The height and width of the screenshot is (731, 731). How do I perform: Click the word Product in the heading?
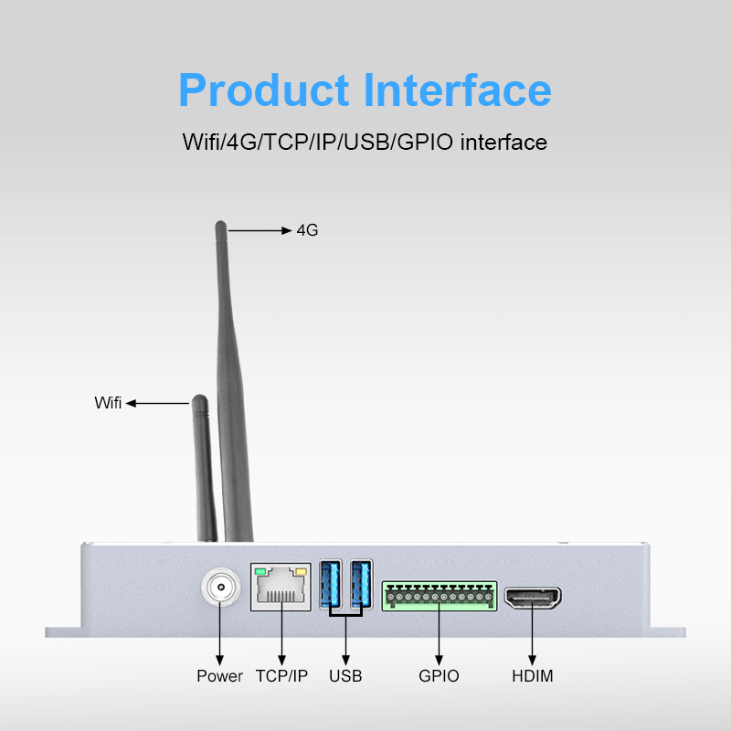pyautogui.click(x=264, y=90)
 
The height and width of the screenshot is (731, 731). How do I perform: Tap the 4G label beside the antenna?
pyautogui.click(x=307, y=230)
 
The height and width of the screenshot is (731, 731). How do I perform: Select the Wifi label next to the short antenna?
pyautogui.click(x=108, y=403)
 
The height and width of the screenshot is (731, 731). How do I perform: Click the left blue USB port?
pyautogui.click(x=330, y=585)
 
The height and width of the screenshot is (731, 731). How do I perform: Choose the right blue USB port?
pyautogui.click(x=361, y=585)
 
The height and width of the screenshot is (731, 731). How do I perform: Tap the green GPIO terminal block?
pyautogui.click(x=439, y=596)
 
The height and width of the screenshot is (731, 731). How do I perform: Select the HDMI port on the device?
pyautogui.click(x=533, y=599)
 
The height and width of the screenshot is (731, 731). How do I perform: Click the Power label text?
pyautogui.click(x=220, y=676)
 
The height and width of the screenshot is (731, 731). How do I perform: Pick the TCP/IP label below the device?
pyautogui.click(x=281, y=676)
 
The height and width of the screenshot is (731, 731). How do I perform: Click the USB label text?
pyautogui.click(x=345, y=676)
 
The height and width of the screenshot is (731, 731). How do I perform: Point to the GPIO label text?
pyautogui.click(x=439, y=676)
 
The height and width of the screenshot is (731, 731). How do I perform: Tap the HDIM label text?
pyautogui.click(x=533, y=676)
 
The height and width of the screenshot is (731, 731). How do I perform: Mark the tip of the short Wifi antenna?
pyautogui.click(x=197, y=400)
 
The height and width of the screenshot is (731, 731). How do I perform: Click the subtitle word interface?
pyautogui.click(x=504, y=143)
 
